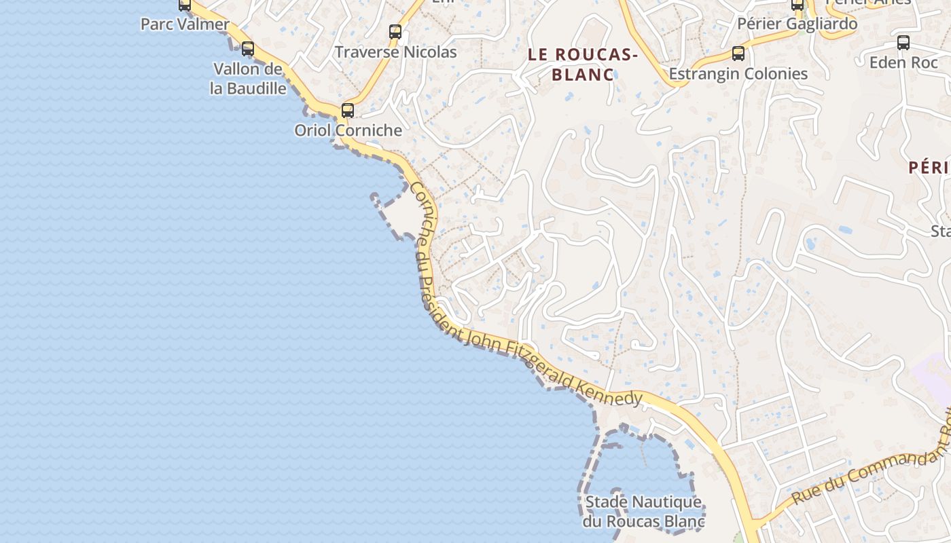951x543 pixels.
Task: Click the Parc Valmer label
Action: pos(185,24)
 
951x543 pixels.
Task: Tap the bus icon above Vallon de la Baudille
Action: pos(248,49)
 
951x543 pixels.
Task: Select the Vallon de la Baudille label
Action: pos(248,79)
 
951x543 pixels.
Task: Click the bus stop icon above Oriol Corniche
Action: pos(348,110)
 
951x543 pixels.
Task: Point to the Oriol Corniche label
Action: pos(348,130)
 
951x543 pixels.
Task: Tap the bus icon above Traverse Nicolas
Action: pos(395,31)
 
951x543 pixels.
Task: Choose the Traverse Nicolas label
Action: pos(395,52)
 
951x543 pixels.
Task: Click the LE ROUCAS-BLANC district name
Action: pos(583,64)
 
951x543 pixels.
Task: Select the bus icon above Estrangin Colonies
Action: pos(738,54)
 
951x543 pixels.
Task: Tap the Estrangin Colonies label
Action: pos(738,74)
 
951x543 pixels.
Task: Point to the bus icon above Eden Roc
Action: pos(903,43)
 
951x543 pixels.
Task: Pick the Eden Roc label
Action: pos(903,62)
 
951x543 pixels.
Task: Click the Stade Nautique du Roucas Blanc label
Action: pos(643,512)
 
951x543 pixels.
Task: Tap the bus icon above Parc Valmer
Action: pos(185,5)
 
